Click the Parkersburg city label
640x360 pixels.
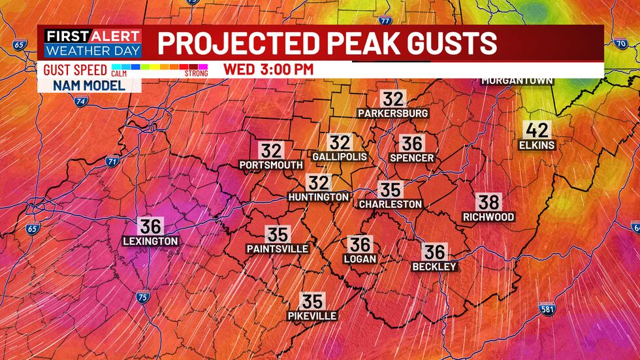[x=393, y=114]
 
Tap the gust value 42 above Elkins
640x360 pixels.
[x=537, y=130]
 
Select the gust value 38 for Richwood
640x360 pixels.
[x=488, y=203]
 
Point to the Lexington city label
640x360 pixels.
[x=150, y=241]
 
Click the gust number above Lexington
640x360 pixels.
[x=150, y=227]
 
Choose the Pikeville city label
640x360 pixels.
[x=312, y=316]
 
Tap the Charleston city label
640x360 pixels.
[x=391, y=205]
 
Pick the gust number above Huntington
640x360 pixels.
[x=319, y=184]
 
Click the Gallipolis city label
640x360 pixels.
[x=340, y=157]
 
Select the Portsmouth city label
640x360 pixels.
[x=271, y=165]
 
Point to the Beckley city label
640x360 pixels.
[x=434, y=267]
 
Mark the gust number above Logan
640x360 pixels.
[x=360, y=245]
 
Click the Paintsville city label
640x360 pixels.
[x=278, y=249]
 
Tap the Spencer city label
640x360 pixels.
[x=411, y=158]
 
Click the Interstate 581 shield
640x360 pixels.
[x=548, y=308]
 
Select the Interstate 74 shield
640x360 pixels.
[x=81, y=102]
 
